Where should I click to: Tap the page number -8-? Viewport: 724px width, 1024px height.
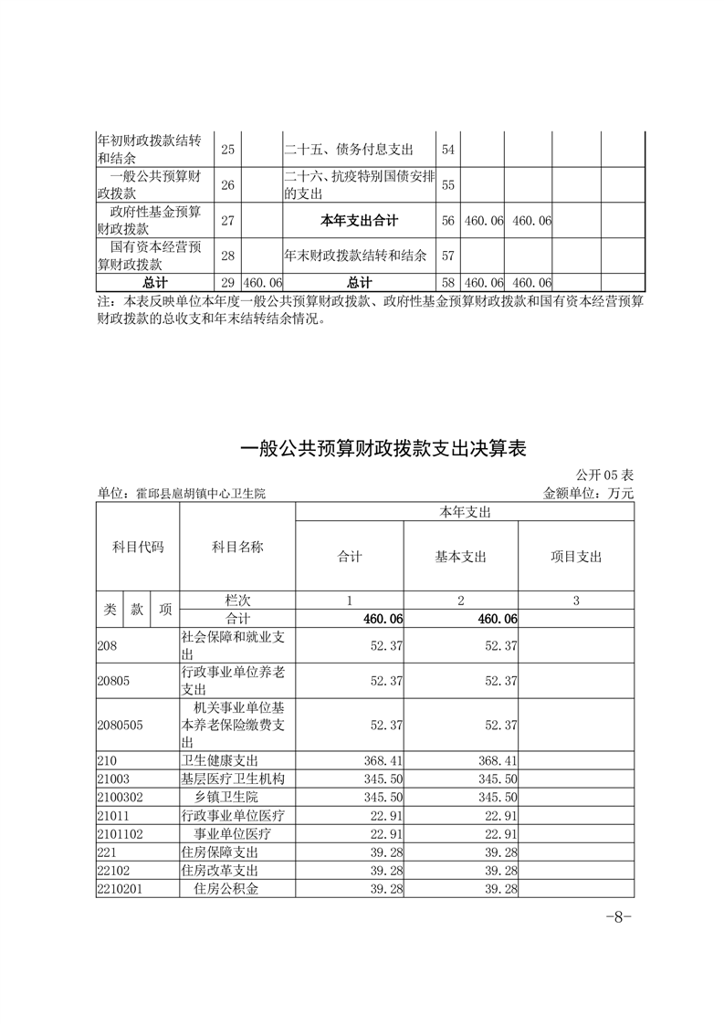619,917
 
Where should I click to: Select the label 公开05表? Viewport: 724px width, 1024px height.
604,475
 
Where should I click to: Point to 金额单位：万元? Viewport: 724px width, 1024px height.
588,493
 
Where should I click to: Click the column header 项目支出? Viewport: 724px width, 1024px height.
576,557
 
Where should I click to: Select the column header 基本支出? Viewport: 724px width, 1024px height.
460,557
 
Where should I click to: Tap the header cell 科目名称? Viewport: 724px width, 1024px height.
237,547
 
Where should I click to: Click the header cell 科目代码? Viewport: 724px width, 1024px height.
138,547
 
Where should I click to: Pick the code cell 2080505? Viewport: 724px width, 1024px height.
121,726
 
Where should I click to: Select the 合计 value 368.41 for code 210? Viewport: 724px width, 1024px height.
383,760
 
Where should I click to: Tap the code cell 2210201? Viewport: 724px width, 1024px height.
121,888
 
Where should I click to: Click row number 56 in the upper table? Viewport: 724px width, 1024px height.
447,221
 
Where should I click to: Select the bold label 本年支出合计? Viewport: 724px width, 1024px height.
360,221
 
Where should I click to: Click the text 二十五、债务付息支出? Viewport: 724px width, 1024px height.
350,149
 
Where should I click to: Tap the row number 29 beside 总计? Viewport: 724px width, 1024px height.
227,283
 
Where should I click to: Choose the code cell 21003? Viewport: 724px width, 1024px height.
113,778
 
